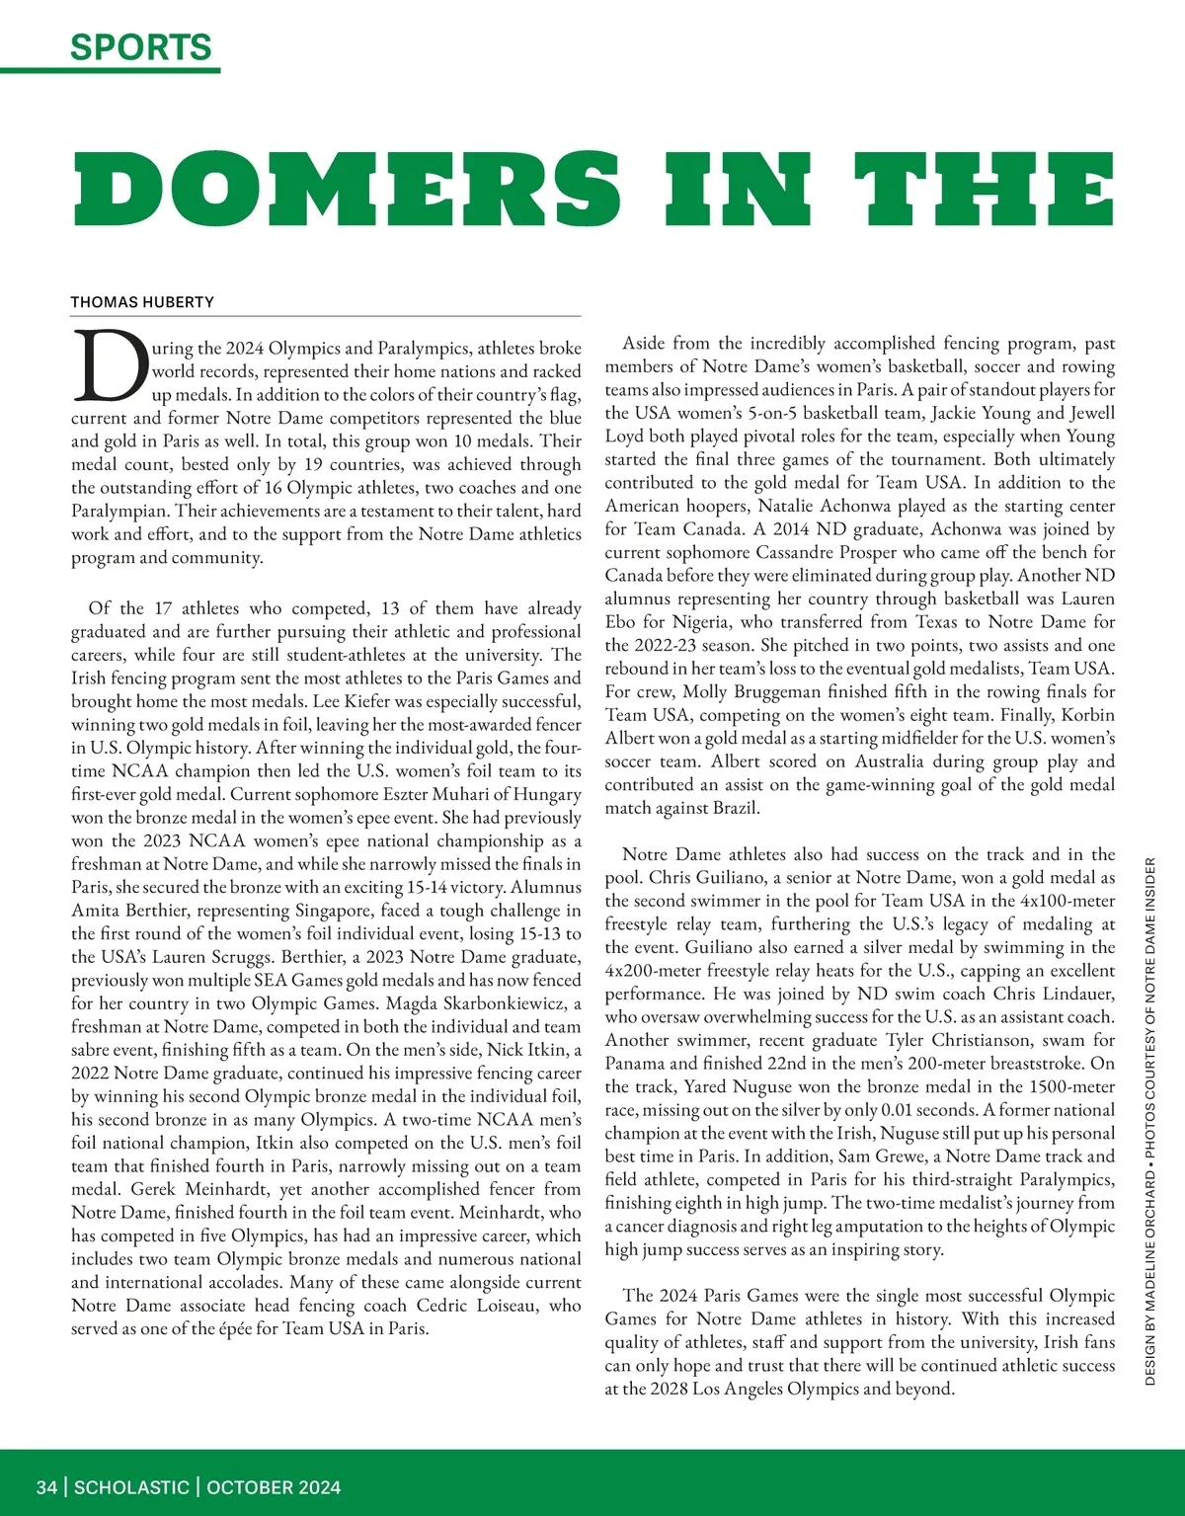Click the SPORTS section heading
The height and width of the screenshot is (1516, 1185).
[141, 46]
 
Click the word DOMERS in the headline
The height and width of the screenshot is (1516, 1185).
[347, 190]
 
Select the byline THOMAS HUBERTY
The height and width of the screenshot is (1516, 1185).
[142, 302]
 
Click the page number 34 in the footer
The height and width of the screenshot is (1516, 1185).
[46, 1487]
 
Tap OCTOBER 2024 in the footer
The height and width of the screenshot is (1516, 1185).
[274, 1487]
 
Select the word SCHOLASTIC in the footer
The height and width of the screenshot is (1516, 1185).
[131, 1487]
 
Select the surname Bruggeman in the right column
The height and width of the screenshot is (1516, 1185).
[755, 691]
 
